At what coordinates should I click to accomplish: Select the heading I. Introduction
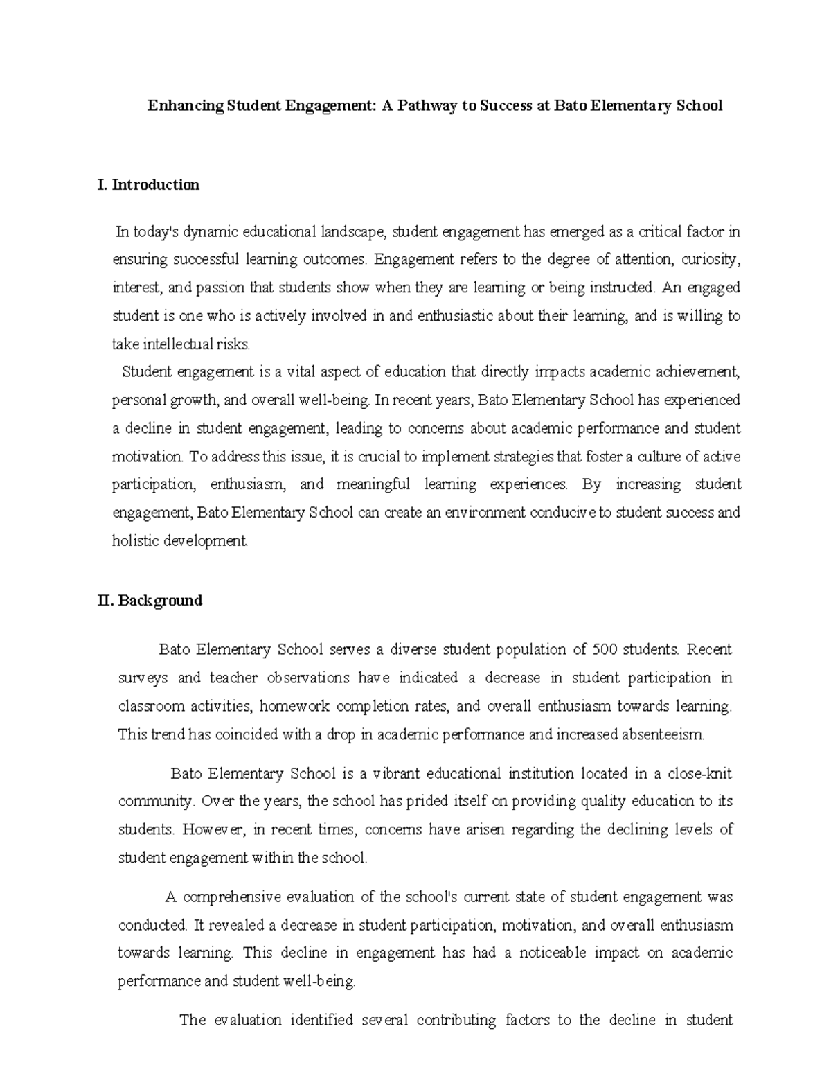coord(149,185)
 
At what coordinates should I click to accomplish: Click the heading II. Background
coord(150,601)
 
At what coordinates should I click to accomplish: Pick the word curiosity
coord(711,260)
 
